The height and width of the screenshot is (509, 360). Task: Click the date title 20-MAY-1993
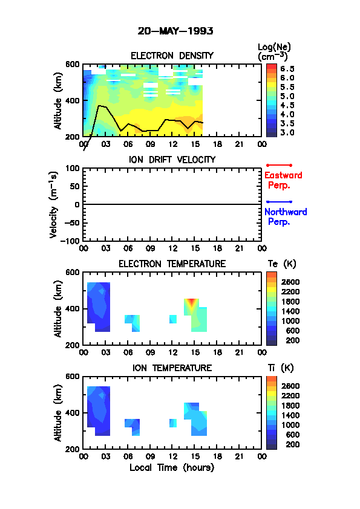pyautogui.click(x=175, y=31)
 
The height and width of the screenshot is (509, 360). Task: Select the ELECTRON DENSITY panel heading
pyautogui.click(x=172, y=56)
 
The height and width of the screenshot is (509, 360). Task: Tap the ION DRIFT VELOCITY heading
pyautogui.click(x=172, y=160)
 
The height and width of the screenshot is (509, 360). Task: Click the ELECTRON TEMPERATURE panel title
pyautogui.click(x=172, y=264)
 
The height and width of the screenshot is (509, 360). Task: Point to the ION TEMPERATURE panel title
pyautogui.click(x=172, y=368)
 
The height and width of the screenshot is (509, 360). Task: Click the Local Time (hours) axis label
pyautogui.click(x=172, y=468)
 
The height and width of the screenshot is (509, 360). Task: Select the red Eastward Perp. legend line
pyautogui.click(x=279, y=165)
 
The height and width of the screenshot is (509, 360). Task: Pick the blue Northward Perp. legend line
pyautogui.click(x=279, y=202)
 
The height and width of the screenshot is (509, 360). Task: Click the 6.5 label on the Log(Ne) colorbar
pyautogui.click(x=287, y=69)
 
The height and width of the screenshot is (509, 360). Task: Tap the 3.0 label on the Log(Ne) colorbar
pyautogui.click(x=287, y=133)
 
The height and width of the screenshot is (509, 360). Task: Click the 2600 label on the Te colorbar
pyautogui.click(x=290, y=282)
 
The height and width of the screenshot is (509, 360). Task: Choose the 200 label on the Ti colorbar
pyautogui.click(x=292, y=444)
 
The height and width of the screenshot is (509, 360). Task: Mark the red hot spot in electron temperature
pyautogui.click(x=192, y=302)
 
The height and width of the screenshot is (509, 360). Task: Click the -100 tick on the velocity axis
pyautogui.click(x=72, y=241)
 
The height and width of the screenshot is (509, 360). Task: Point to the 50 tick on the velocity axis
pyautogui.click(x=76, y=186)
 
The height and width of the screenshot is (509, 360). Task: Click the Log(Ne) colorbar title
pyautogui.click(x=274, y=51)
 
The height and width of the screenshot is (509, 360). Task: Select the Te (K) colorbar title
pyautogui.click(x=282, y=264)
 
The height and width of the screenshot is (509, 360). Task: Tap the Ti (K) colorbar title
pyautogui.click(x=281, y=368)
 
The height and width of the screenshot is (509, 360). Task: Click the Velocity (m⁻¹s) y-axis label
pyautogui.click(x=54, y=204)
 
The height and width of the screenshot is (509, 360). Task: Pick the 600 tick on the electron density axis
pyautogui.click(x=73, y=64)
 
